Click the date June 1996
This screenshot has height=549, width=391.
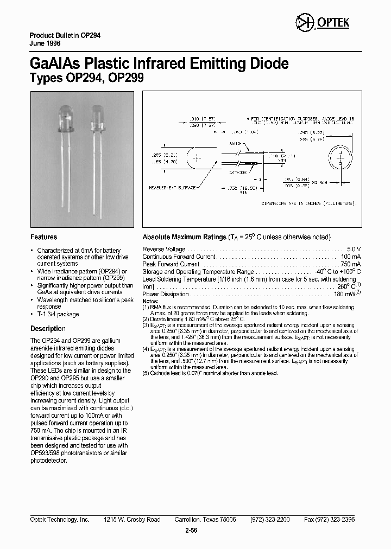[45, 43]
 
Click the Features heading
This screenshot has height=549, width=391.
[43, 237]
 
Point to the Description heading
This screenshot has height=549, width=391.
[48, 329]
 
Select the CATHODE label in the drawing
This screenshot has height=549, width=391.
[237, 172]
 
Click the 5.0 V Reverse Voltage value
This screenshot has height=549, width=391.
[354, 249]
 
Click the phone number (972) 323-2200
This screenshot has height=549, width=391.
[270, 520]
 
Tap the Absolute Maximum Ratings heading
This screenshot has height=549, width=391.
[184, 237]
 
